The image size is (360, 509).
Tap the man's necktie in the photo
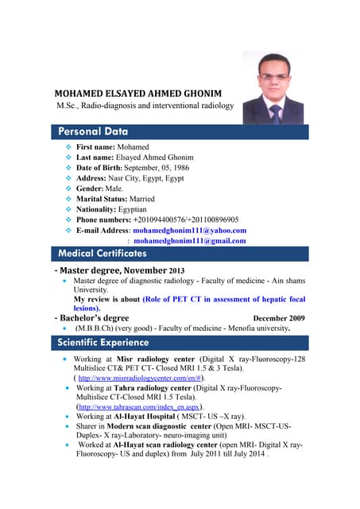click(276, 114)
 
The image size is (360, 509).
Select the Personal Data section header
click(94, 130)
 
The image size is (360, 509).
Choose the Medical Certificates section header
click(103, 253)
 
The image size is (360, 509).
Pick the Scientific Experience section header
click(103, 343)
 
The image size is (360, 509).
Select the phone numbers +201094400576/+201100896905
click(186, 220)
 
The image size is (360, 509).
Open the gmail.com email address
click(190, 240)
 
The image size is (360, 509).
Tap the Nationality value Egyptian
click(135, 209)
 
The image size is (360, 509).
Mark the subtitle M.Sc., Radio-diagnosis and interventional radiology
click(145, 106)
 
